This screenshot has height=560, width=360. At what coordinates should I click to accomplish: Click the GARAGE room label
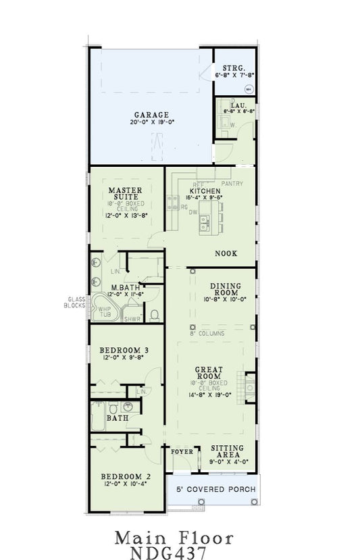[151, 115]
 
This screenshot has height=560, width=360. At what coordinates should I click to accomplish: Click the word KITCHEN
[205, 191]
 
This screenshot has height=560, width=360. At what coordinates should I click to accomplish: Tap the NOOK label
[225, 254]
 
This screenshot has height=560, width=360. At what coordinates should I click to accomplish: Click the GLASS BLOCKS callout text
[75, 302]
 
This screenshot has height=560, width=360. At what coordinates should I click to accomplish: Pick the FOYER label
[182, 451]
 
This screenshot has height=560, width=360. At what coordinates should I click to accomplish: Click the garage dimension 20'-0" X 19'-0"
[151, 123]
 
